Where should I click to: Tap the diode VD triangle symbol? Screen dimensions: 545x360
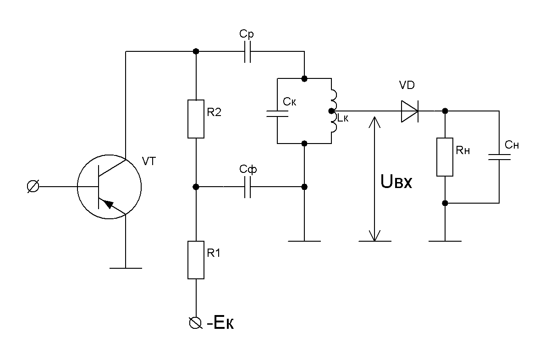pyautogui.click(x=410, y=111)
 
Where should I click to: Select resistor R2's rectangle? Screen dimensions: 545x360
pyautogui.click(x=196, y=119)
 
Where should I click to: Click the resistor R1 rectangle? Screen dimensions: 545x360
pyautogui.click(x=196, y=260)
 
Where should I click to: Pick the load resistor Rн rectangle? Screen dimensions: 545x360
pyautogui.click(x=445, y=157)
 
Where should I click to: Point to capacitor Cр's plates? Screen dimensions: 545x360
pyautogui.click(x=247, y=51)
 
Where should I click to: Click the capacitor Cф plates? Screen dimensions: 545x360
pyautogui.click(x=247, y=187)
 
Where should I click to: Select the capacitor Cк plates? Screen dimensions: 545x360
pyautogui.click(x=277, y=113)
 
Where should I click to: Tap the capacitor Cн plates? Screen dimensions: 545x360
pyautogui.click(x=499, y=157)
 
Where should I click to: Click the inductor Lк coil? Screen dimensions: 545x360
pyautogui.click(x=334, y=111)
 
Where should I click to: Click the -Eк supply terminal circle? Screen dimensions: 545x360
pyautogui.click(x=195, y=323)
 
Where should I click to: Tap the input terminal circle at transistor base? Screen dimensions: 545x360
pyautogui.click(x=33, y=187)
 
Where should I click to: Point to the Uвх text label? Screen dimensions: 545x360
pyautogui.click(x=396, y=182)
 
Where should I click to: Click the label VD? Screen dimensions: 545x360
pyautogui.click(x=407, y=85)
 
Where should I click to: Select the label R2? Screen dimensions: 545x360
pyautogui.click(x=214, y=112)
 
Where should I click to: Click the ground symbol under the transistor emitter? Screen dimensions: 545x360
pyautogui.click(x=126, y=268)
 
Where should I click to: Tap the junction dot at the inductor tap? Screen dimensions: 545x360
pyautogui.click(x=331, y=111)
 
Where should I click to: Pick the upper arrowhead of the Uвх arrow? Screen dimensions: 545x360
pyautogui.click(x=374, y=122)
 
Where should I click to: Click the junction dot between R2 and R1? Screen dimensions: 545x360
pyautogui.click(x=196, y=187)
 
